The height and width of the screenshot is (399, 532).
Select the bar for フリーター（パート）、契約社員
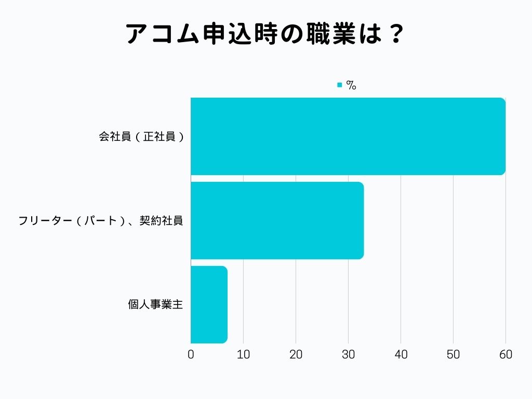pyautogui.click(x=277, y=220)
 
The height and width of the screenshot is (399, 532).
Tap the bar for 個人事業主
pyautogui.click(x=209, y=304)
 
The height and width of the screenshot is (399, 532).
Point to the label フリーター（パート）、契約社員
pyautogui.click(x=100, y=221)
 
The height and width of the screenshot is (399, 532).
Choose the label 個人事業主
pyautogui.click(x=155, y=304)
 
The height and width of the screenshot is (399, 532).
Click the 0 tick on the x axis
pyautogui.click(x=191, y=355)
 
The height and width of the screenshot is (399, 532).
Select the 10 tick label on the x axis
pyautogui.click(x=243, y=355)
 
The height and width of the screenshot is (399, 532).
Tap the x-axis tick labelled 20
pyautogui.click(x=296, y=355)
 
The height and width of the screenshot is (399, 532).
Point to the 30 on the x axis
pyautogui.click(x=348, y=355)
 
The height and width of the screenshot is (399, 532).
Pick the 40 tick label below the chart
pyautogui.click(x=401, y=355)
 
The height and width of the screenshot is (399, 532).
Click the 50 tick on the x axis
pyautogui.click(x=453, y=355)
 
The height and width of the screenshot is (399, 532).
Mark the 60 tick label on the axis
pyautogui.click(x=506, y=355)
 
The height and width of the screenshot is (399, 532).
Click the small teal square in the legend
pyautogui.click(x=340, y=85)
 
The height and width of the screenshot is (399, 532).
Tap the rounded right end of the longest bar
pyautogui.click(x=502, y=136)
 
